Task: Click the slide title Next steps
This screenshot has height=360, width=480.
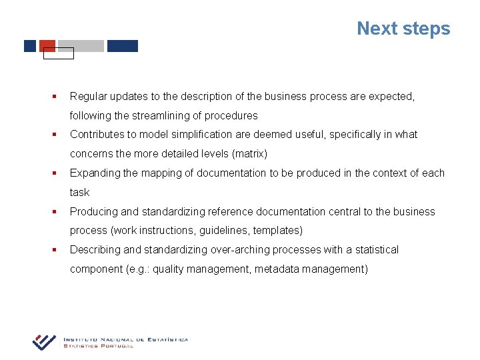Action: (403, 29)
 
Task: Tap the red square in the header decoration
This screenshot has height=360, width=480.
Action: (47, 45)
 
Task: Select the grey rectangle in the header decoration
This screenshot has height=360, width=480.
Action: (81, 46)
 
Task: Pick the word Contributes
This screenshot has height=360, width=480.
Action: (98, 135)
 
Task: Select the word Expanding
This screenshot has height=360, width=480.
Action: (95, 173)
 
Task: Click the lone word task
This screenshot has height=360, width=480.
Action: (79, 193)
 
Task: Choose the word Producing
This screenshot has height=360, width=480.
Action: (94, 212)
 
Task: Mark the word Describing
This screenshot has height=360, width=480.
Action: (95, 250)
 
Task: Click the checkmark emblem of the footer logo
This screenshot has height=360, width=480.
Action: (45, 341)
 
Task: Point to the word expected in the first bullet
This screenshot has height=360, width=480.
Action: (389, 97)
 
